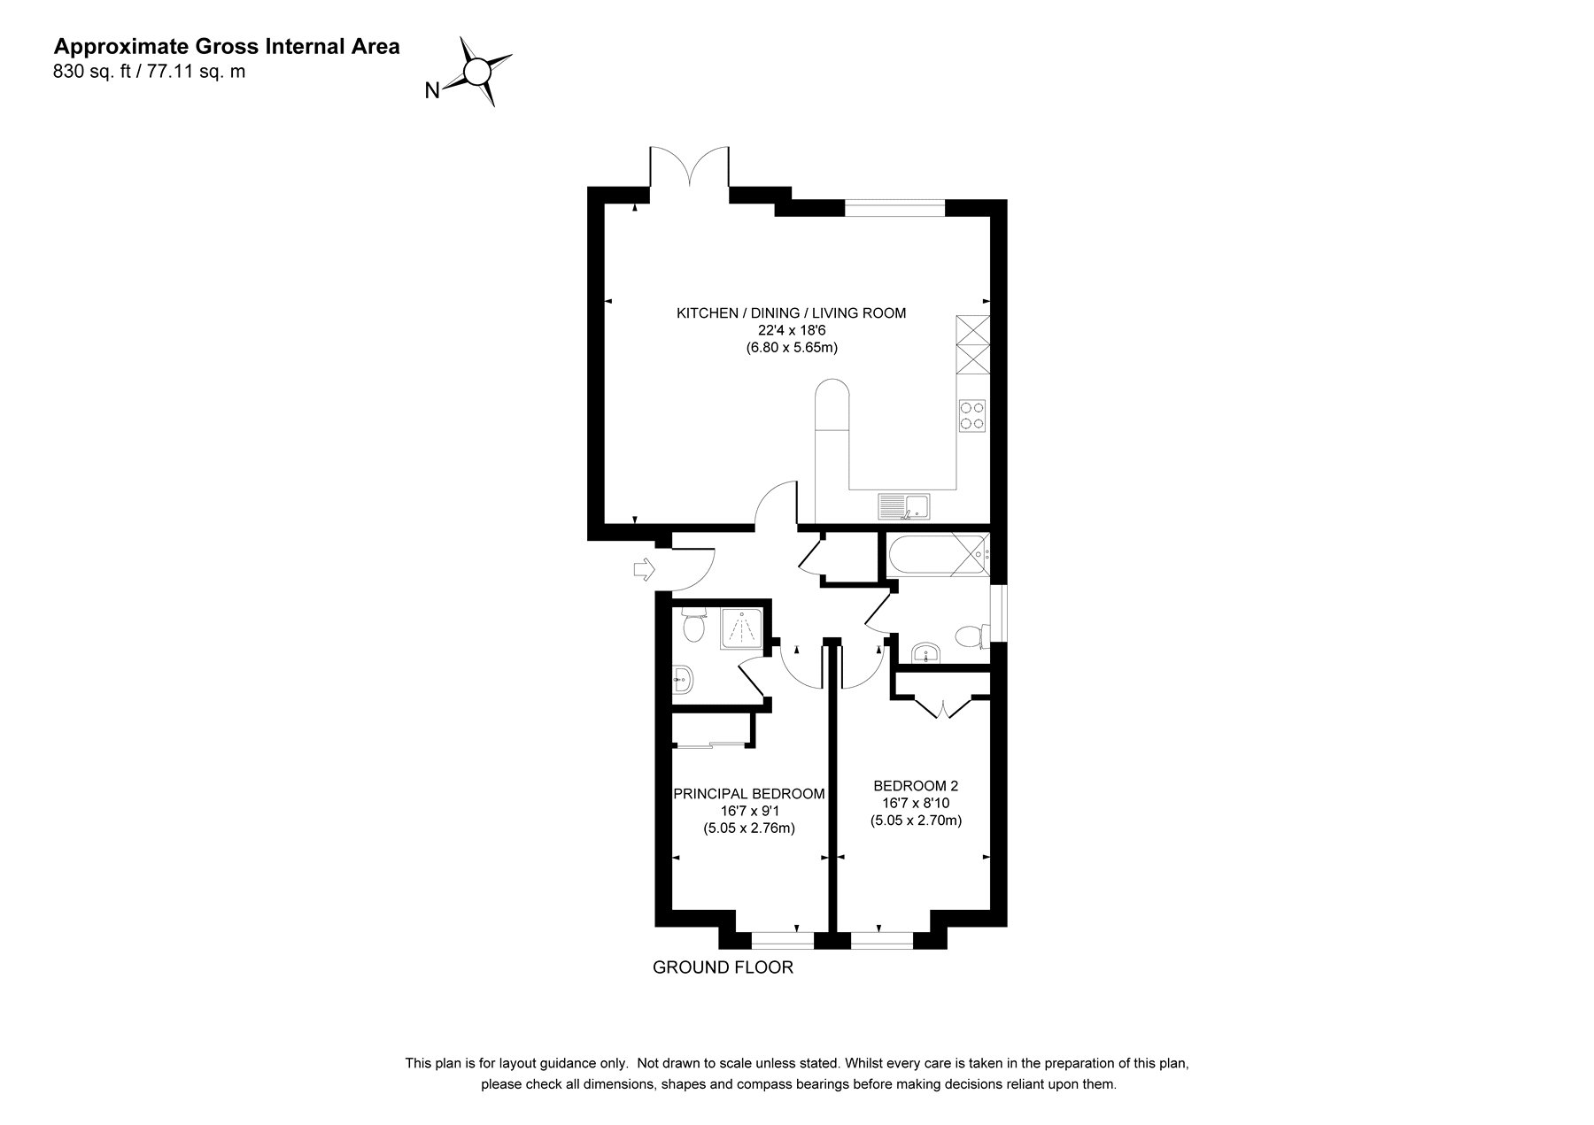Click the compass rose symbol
pyautogui.click(x=478, y=71)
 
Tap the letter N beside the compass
pyautogui.click(x=433, y=90)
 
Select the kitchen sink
pyautogui.click(x=903, y=506)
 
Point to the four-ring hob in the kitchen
pyautogui.click(x=972, y=415)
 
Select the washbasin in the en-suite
pyautogui.click(x=683, y=680)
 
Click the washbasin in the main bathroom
pyautogui.click(x=926, y=653)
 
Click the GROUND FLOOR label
pyautogui.click(x=723, y=967)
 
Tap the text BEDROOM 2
pyautogui.click(x=916, y=785)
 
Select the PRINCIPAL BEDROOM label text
pyautogui.click(x=749, y=794)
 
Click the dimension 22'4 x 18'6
pyautogui.click(x=792, y=330)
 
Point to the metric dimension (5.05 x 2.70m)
pyautogui.click(x=916, y=821)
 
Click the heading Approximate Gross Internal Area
pyautogui.click(x=227, y=47)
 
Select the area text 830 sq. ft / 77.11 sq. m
pyautogui.click(x=150, y=73)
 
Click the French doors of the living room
pyautogui.click(x=690, y=168)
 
